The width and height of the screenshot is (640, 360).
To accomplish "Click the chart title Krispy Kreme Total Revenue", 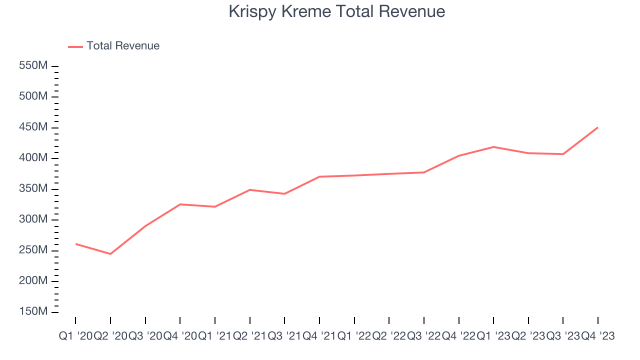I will pyautogui.click(x=336, y=11).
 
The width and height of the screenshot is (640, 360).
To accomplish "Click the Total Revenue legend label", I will pyautogui.click(x=123, y=46).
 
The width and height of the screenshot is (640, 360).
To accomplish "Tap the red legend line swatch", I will pyautogui.click(x=75, y=46).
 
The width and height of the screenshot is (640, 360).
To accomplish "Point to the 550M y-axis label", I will pyautogui.click(x=33, y=66).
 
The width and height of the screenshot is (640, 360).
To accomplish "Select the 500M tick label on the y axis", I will pyautogui.click(x=33, y=96).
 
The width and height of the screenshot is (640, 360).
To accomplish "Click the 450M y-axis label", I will pyautogui.click(x=33, y=127).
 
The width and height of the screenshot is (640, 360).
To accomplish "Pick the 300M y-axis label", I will pyautogui.click(x=33, y=219).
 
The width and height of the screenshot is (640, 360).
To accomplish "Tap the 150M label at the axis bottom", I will pyautogui.click(x=33, y=311).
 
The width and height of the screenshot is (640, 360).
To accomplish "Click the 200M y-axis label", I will pyautogui.click(x=33, y=281).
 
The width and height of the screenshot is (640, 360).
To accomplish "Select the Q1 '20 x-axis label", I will pyautogui.click(x=75, y=336).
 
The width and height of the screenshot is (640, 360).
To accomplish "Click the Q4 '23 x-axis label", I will pyautogui.click(x=597, y=336).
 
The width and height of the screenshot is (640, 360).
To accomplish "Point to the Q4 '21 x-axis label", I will pyautogui.click(x=319, y=336).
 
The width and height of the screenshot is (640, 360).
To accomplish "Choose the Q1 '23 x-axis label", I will pyautogui.click(x=493, y=336).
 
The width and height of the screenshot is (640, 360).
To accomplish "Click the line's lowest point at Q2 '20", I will pyautogui.click(x=110, y=254).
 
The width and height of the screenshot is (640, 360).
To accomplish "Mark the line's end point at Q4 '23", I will pyautogui.click(x=597, y=127).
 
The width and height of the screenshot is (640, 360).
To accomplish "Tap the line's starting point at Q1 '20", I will pyautogui.click(x=76, y=244).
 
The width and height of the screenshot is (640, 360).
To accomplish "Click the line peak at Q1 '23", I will pyautogui.click(x=493, y=147).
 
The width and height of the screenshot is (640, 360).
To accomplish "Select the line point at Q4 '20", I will pyautogui.click(x=180, y=204).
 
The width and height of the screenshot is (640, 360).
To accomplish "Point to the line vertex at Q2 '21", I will pyautogui.click(x=249, y=190).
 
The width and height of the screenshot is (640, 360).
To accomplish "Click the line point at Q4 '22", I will pyautogui.click(x=458, y=156).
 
